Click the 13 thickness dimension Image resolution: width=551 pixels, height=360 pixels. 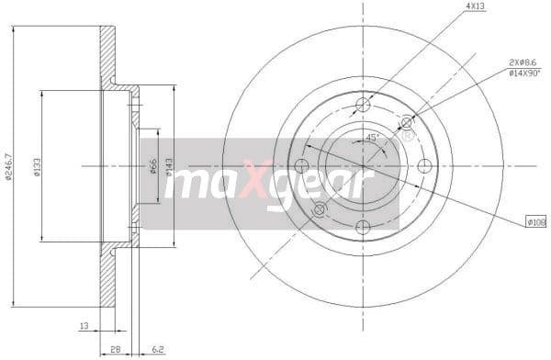(x=84, y=324)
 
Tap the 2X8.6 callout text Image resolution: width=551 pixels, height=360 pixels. (x=523, y=62)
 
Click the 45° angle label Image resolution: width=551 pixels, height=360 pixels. (x=373, y=139)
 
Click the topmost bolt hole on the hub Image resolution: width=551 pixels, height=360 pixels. (x=363, y=104)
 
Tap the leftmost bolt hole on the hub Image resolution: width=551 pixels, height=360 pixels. (x=300, y=166)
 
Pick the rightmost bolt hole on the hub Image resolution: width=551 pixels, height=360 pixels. (x=425, y=166)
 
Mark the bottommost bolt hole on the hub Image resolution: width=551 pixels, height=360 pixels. (x=363, y=228)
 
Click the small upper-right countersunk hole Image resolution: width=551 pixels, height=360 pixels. (x=407, y=122)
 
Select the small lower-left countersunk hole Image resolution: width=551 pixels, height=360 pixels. (x=319, y=210)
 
